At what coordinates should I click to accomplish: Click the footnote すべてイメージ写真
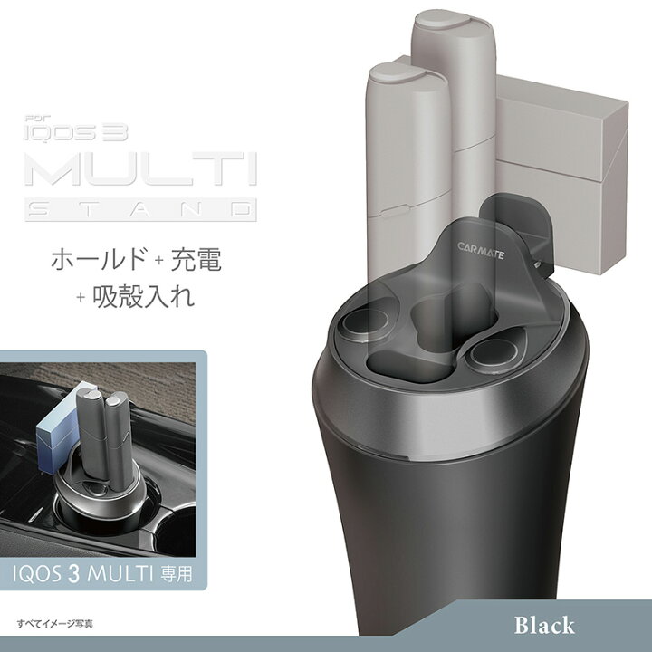pyautogui.click(x=55, y=624)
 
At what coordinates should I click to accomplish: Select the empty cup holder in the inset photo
pyautogui.click(x=186, y=525)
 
